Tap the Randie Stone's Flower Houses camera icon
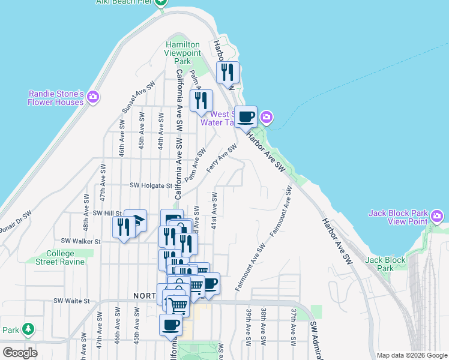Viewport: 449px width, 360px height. point(92,97)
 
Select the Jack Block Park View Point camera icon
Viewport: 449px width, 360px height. point(437,214)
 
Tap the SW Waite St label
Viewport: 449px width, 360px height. point(71,301)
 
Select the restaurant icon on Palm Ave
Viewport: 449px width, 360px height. point(201,100)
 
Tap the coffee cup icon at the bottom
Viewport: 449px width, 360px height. point(170,325)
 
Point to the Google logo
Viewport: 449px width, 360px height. point(20,353)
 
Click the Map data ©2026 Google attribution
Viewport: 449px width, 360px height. point(411,355)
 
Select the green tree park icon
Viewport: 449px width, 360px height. point(28,329)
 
